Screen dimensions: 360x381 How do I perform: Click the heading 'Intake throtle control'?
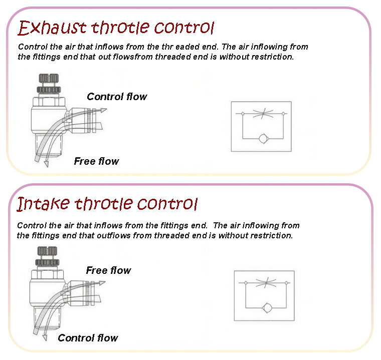tap(108, 204)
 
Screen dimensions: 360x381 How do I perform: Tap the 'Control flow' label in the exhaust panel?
tap(117, 97)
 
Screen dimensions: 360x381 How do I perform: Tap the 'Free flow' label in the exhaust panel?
tap(96, 161)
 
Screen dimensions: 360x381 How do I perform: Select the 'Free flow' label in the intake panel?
tap(108, 270)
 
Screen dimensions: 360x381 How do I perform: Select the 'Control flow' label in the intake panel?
tap(88, 338)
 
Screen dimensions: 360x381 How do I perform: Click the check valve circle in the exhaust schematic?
tap(263, 138)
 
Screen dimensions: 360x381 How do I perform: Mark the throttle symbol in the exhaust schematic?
tap(263, 114)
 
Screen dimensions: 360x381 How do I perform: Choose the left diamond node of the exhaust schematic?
tap(242, 114)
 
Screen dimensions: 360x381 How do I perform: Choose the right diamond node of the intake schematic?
tap(286, 283)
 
